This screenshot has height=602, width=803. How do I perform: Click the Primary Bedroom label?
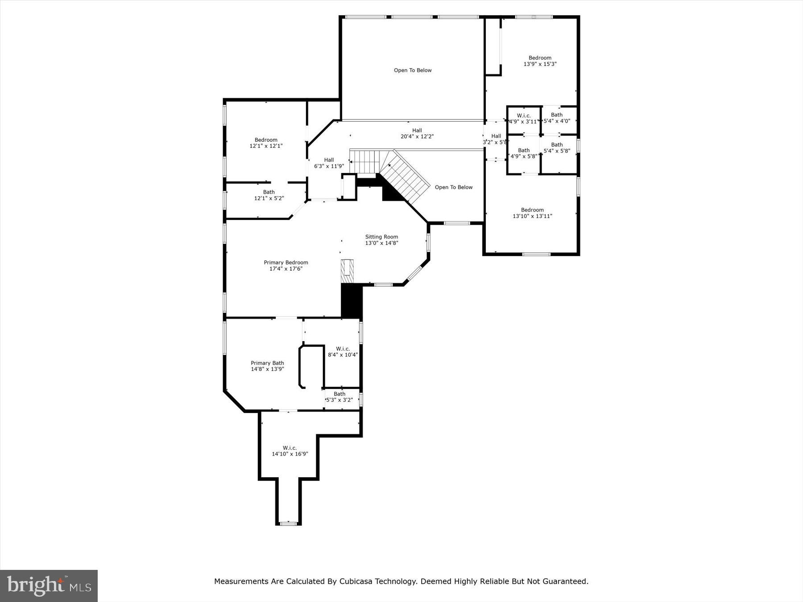286,263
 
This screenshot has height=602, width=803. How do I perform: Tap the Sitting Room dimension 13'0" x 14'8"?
381,243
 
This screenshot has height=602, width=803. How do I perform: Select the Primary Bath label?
267,363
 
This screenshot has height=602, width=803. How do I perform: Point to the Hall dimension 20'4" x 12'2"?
417,136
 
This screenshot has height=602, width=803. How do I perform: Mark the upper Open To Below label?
413,70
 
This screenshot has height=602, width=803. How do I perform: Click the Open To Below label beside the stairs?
453,187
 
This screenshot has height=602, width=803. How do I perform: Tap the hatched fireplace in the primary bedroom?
347,271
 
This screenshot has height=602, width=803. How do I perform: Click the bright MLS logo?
49,586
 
